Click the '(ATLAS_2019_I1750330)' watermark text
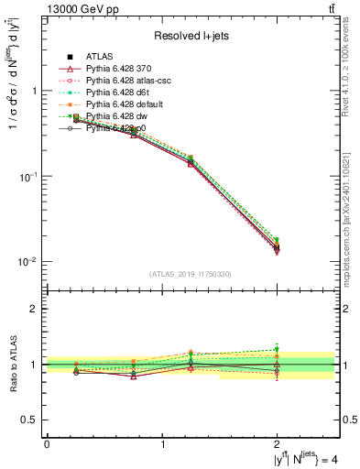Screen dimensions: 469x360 (191, 273)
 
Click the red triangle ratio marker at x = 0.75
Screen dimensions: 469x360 (134, 376)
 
